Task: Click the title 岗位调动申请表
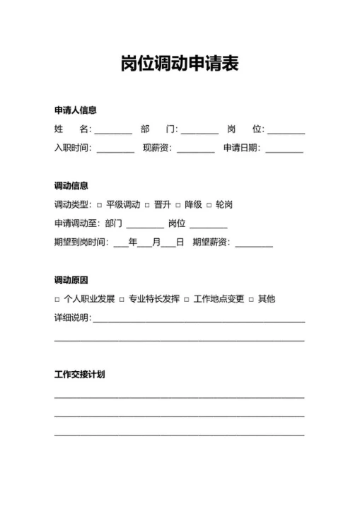[180, 64]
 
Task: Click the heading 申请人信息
[76, 110]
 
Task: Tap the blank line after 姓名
[113, 130]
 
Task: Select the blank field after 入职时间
[115, 149]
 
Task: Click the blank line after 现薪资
[196, 149]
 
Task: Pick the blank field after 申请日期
[284, 149]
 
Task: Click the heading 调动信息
[71, 186]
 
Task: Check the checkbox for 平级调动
[100, 206]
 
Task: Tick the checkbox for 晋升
[148, 206]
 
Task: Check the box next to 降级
[178, 206]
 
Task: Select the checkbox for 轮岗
[209, 206]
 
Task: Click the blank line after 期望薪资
[254, 243]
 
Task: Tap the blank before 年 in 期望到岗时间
[120, 243]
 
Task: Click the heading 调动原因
[71, 280]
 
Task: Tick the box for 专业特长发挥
[122, 300]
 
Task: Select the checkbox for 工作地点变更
[187, 300]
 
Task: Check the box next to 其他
[251, 300]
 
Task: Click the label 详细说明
[71, 318]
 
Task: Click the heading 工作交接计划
[80, 375]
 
